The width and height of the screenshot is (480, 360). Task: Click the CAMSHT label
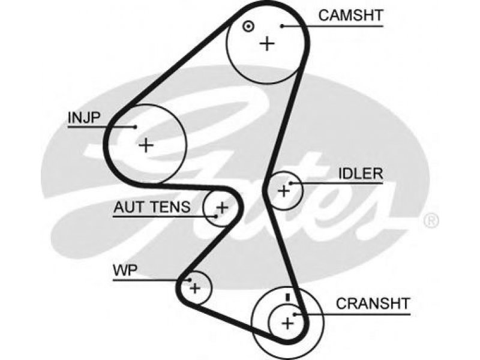tap(350, 16)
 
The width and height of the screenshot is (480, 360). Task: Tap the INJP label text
tap(84, 117)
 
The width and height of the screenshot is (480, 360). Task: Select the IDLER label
tap(361, 173)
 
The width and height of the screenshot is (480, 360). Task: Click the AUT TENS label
tap(152, 207)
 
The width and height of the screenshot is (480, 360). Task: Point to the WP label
tap(125, 271)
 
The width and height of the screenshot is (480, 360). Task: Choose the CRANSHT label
tap(373, 304)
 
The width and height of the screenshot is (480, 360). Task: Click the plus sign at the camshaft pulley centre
tap(267, 43)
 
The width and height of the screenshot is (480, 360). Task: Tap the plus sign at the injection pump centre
tap(146, 145)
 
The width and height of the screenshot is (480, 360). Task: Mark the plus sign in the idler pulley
tap(283, 191)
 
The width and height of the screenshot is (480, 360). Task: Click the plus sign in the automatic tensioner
tap(222, 208)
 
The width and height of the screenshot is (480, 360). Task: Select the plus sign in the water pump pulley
tap(194, 288)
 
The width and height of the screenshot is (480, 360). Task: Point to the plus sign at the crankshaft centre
tap(287, 323)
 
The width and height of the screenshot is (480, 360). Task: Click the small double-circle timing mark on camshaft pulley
tap(248, 26)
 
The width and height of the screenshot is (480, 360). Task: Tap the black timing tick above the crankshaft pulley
tap(287, 297)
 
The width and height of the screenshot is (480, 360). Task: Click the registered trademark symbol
tap(431, 221)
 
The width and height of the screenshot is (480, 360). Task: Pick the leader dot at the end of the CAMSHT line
tap(282, 26)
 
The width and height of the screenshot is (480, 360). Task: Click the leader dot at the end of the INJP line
tap(135, 127)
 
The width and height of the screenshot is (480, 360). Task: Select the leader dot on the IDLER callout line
tap(290, 184)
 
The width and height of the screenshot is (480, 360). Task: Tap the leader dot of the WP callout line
tap(190, 280)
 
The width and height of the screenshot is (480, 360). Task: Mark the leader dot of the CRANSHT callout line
tap(295, 314)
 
